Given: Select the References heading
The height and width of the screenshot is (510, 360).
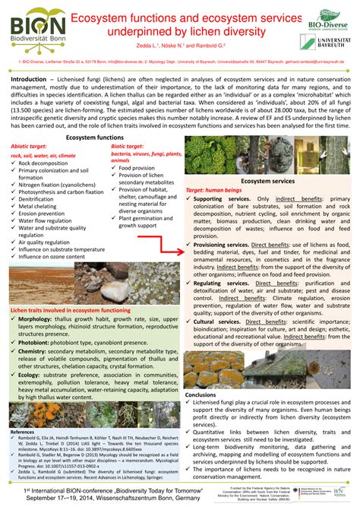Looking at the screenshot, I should click(23, 431).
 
